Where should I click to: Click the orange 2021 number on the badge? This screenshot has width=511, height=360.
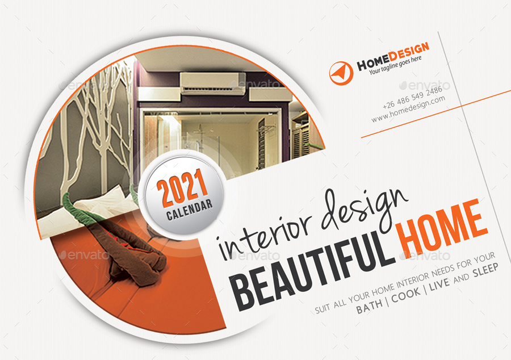[182, 189]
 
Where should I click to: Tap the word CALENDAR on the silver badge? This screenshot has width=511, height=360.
[189, 210]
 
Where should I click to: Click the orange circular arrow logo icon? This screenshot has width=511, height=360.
[341, 73]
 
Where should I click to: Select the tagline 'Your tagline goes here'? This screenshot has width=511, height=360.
[395, 65]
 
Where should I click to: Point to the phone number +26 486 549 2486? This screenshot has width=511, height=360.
[413, 97]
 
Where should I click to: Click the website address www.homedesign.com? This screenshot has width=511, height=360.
[408, 109]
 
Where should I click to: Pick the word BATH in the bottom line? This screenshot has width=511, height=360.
[369, 306]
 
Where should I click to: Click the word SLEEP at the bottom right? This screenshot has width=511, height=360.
[485, 270]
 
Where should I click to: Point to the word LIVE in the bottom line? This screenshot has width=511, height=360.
[439, 284]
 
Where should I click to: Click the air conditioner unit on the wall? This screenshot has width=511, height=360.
[213, 83]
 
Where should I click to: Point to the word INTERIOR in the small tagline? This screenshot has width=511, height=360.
[413, 281]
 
